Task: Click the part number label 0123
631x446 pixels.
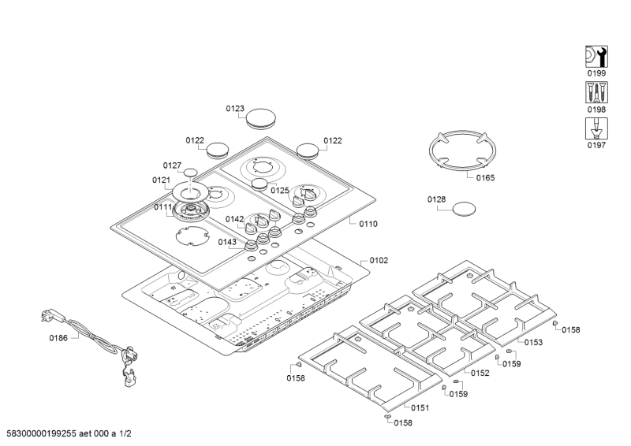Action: (235, 109)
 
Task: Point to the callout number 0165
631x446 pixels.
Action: (486, 178)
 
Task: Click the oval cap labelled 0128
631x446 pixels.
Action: (464, 208)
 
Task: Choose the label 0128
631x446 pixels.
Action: (437, 199)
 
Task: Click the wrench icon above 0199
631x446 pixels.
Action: (595, 56)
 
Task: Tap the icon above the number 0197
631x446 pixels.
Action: (595, 127)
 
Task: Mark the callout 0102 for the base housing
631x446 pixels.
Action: (379, 260)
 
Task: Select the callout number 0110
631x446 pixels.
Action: (368, 224)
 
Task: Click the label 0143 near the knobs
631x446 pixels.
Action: (227, 242)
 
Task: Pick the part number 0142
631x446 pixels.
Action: (235, 219)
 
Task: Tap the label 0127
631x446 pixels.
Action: (173, 165)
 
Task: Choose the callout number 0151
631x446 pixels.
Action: (420, 407)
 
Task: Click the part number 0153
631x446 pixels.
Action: (534, 342)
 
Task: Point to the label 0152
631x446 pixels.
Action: (480, 373)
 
